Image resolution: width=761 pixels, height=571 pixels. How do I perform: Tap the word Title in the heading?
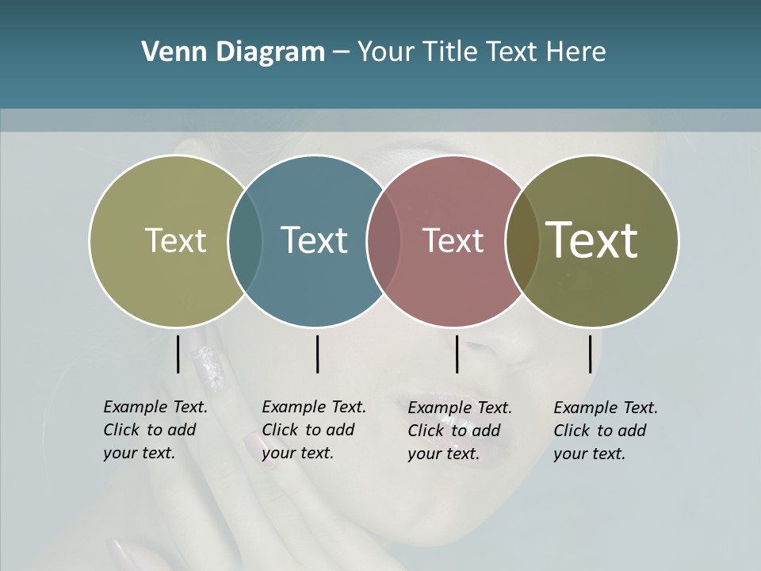pos(449,52)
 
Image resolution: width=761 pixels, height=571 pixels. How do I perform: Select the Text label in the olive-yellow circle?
pos(175,240)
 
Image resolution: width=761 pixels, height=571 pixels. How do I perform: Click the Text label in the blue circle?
pos(314,240)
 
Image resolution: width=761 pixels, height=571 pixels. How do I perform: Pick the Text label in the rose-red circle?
pos(453,240)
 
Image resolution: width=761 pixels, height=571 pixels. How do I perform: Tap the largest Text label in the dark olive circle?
pos(591,240)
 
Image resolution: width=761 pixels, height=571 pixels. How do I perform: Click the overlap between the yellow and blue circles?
pos(245,240)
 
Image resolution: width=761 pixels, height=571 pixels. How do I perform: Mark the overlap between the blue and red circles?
pos(384,240)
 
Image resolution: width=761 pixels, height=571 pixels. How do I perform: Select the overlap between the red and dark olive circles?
pos(522,240)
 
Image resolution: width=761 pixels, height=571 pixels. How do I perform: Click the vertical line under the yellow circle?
pos(178,354)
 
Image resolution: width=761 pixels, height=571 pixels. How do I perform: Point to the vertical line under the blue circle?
pos(317,354)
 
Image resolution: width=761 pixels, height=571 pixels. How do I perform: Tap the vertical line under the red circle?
pos(457,354)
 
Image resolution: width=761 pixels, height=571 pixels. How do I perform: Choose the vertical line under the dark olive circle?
pos(591,354)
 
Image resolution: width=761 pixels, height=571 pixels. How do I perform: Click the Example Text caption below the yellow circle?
pos(155,430)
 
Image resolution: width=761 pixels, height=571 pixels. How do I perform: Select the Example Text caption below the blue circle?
pos(313,430)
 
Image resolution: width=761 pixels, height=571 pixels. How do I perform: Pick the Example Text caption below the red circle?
pos(459,431)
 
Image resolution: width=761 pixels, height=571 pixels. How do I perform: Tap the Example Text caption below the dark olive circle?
pos(605,431)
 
